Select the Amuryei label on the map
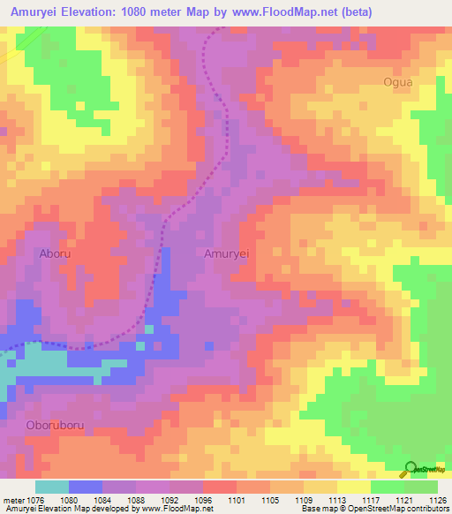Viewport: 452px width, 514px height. (x=227, y=253)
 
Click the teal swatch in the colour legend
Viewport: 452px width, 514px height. (x=52, y=487)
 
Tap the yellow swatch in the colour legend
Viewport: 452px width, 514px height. (x=353, y=487)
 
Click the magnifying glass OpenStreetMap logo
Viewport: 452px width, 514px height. (x=410, y=469)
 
